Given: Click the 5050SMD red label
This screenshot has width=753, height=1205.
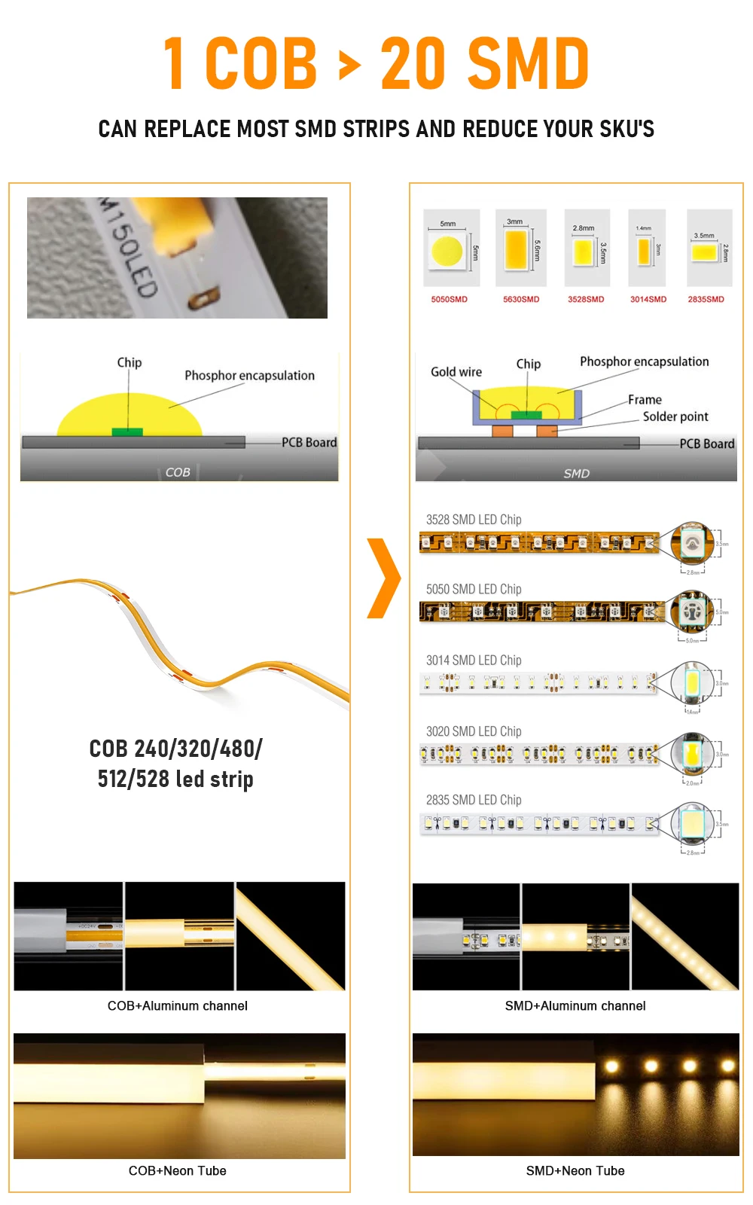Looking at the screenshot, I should [x=449, y=300].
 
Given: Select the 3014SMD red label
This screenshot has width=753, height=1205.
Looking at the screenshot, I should [x=648, y=300].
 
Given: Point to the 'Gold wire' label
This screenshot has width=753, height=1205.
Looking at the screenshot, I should [x=456, y=372].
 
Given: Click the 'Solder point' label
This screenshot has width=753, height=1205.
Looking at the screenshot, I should [x=675, y=416].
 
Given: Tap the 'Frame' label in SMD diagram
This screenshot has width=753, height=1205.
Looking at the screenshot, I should [x=645, y=400].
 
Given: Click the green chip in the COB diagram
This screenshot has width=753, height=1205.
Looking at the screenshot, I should [x=127, y=432].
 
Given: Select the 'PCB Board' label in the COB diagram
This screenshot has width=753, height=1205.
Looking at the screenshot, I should [x=309, y=443].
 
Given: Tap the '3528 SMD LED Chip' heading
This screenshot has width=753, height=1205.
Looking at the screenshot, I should [x=474, y=520].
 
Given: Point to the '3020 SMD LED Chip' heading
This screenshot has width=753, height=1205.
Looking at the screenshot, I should [x=474, y=731].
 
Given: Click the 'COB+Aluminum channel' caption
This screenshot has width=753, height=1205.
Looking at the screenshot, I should [x=178, y=1006].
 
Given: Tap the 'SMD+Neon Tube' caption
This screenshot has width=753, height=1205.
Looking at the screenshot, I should [x=575, y=1171].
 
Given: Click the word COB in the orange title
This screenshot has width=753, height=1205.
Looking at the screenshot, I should [x=261, y=64].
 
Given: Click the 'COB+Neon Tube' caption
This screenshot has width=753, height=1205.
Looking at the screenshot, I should [x=178, y=1171].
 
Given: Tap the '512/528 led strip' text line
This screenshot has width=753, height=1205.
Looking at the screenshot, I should [x=175, y=779].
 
